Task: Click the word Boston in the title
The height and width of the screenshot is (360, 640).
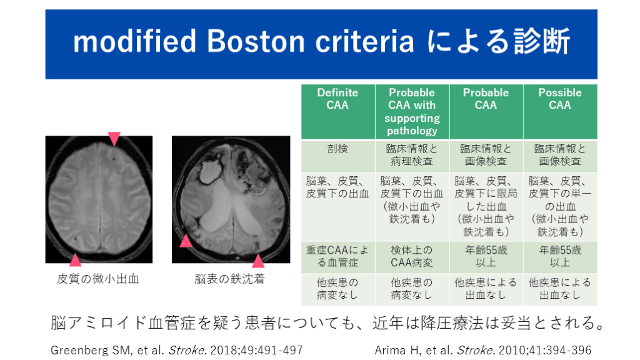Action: [x=256, y=41]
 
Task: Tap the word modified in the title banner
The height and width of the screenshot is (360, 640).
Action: [x=135, y=41]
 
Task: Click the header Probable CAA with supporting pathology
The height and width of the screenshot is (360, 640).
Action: [x=412, y=111]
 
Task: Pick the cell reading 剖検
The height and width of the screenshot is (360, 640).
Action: [x=338, y=149]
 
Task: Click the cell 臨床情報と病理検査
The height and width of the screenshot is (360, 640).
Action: [x=412, y=155]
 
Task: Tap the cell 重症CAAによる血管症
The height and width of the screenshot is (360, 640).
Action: [x=338, y=256]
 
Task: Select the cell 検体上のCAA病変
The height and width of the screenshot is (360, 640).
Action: [x=412, y=256]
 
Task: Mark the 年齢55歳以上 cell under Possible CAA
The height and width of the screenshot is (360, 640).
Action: [x=560, y=256]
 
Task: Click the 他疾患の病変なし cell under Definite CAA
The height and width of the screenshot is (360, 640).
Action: [x=338, y=289]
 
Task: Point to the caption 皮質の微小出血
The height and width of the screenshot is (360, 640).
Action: [x=98, y=279]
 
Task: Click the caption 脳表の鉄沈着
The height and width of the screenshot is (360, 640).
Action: [x=230, y=279]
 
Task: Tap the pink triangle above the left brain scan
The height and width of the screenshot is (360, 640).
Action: [x=114, y=138]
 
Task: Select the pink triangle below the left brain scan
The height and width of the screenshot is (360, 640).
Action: [x=75, y=260]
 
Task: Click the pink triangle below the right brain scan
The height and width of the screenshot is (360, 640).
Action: [x=258, y=261]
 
